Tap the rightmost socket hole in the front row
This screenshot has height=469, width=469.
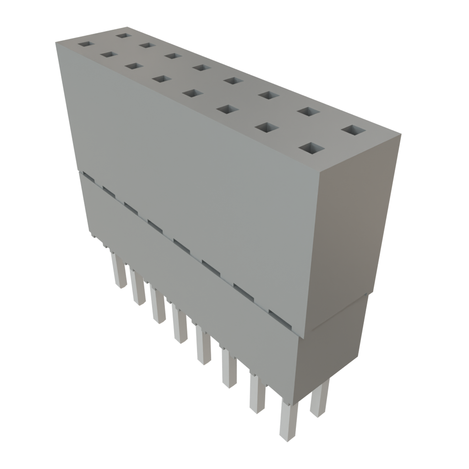tap(311, 148)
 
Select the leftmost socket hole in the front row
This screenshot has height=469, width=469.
tap(86, 44)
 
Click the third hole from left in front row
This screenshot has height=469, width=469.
tap(133, 66)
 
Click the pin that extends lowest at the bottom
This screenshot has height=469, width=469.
tap(287, 421)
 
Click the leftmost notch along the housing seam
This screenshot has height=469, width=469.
tap(87, 176)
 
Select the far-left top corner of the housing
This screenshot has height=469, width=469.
tap(55, 42)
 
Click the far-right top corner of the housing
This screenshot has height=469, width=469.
tap(401, 133)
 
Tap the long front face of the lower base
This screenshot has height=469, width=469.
tap(192, 293)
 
